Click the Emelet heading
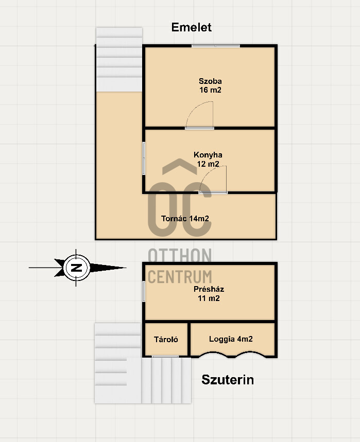click(x=191, y=27)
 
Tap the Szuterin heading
click(x=228, y=380)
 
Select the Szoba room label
click(x=210, y=81)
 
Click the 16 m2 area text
click(x=210, y=90)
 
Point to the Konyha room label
click(x=208, y=155)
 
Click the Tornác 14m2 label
click(x=185, y=219)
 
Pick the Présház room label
click(x=209, y=289)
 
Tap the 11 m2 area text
click(x=209, y=298)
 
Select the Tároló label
click(x=166, y=340)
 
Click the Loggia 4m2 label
click(x=231, y=339)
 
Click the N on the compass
click(x=76, y=268)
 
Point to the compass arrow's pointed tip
click(x=126, y=268)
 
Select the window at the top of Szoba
click(x=216, y=46)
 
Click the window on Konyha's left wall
click(x=144, y=158)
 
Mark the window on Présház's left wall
click(x=144, y=291)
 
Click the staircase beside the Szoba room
click(x=119, y=60)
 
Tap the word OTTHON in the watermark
click(x=180, y=255)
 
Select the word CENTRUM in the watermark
click(x=180, y=276)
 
